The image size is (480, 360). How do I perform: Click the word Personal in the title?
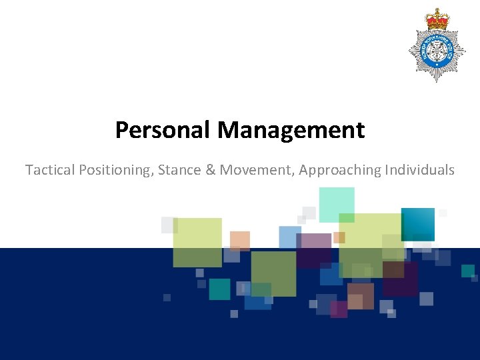[163, 130]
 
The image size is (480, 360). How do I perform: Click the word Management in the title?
[291, 130]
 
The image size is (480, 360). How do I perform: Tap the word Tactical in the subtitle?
[50, 170]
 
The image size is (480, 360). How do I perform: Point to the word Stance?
[180, 170]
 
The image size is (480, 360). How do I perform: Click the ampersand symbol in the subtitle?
[211, 170]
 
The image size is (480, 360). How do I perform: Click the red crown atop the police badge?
[437, 19]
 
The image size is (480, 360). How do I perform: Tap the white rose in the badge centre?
[437, 50]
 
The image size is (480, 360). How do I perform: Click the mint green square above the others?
[337, 204]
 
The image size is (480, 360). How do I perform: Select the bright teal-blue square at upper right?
[417, 224]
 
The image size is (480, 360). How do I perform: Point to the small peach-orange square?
[240, 241]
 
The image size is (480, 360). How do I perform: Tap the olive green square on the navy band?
[273, 273]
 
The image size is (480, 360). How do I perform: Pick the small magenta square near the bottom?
[339, 309]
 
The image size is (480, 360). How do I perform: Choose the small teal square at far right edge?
[468, 271]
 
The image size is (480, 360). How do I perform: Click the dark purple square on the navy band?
[400, 279]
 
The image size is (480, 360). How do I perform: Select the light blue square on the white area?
[289, 237]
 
